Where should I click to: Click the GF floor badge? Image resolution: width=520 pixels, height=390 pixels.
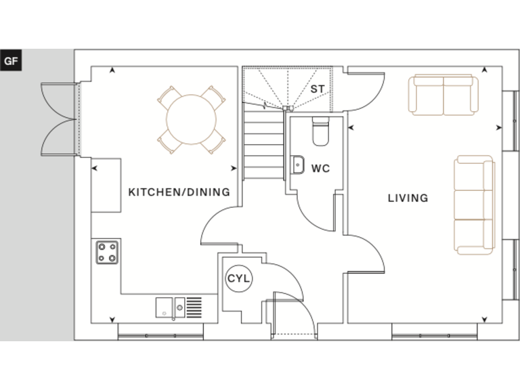click(11, 60)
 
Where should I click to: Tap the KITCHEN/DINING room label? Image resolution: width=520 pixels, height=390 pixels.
click(179, 192)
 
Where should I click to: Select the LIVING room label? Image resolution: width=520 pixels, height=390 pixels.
click(408, 198)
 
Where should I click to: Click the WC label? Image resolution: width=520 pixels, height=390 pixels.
click(320, 169)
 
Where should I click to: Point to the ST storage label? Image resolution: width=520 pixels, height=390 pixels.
click(317, 89)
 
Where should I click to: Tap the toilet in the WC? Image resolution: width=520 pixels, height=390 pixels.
click(320, 131)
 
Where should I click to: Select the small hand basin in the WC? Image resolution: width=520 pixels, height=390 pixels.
click(297, 165)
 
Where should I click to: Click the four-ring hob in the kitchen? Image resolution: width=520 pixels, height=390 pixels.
click(106, 252)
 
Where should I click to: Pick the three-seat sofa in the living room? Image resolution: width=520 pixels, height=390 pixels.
click(474, 204)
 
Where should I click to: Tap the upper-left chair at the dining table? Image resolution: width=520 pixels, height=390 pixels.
click(167, 96)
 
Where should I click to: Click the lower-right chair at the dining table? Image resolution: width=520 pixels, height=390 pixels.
click(215, 140)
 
